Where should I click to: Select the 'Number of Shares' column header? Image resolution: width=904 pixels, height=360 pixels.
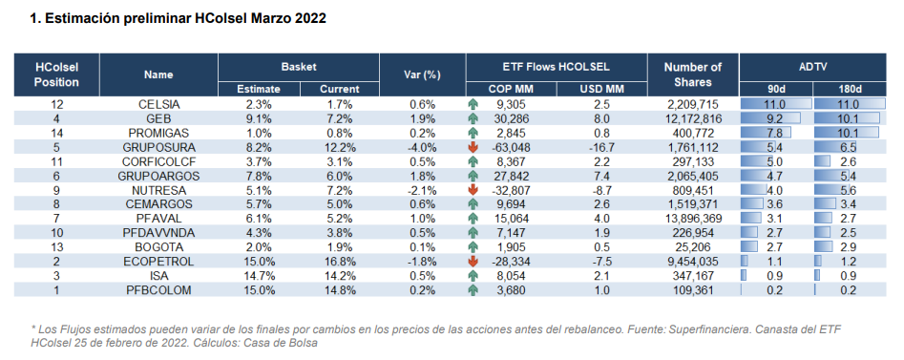click(x=691, y=74)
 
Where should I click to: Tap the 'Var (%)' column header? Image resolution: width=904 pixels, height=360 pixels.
click(x=422, y=74)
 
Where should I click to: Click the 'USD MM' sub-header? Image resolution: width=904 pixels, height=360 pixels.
click(x=601, y=89)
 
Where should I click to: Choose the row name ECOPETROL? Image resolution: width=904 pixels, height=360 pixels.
click(x=158, y=261)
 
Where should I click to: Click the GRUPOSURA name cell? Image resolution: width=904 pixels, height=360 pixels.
click(x=158, y=148)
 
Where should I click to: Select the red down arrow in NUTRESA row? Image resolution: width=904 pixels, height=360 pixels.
click(x=473, y=190)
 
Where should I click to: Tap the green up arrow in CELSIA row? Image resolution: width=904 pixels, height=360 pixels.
click(x=473, y=104)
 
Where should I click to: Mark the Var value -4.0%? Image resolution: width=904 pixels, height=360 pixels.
click(x=422, y=148)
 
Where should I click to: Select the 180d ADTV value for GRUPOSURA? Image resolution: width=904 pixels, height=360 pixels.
click(x=847, y=148)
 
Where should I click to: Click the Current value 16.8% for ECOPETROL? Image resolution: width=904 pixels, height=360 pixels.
click(x=339, y=261)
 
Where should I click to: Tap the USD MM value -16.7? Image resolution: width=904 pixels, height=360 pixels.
click(x=601, y=148)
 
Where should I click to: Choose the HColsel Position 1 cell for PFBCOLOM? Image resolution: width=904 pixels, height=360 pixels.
click(x=56, y=289)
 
